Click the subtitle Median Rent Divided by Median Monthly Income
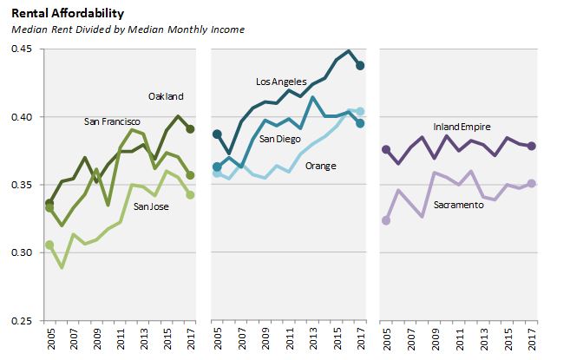pos(128,29)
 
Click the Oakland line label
pos(167,96)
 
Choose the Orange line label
pos(321,166)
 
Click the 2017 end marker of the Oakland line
pos(190,128)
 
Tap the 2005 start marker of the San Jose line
pos(49,245)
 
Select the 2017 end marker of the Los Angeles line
pos(360,65)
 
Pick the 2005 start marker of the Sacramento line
pos(386,220)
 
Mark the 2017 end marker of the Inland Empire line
pos(530,146)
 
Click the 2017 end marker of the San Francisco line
pos(190,175)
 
